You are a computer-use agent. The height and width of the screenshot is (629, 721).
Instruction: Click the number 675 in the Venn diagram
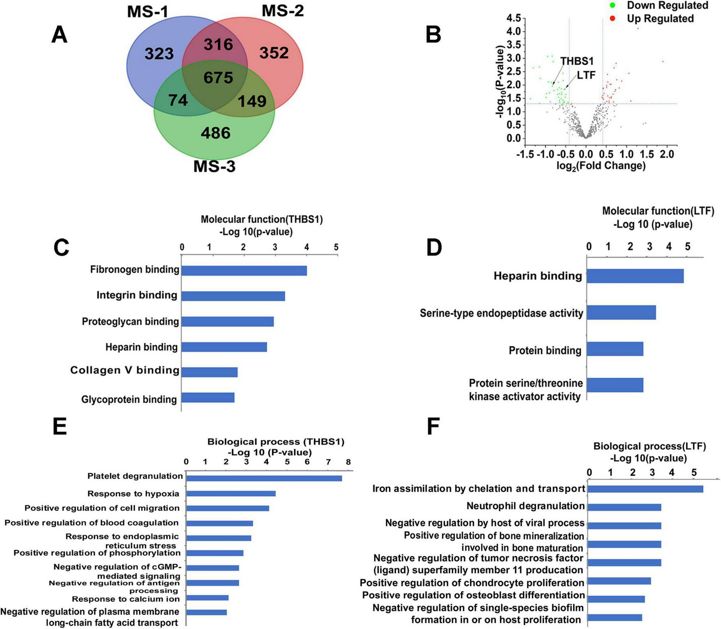[x=218, y=77]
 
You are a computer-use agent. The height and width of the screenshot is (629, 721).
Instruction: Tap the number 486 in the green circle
[x=216, y=133]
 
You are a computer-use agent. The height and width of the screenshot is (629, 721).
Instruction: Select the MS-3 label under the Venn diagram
[x=214, y=167]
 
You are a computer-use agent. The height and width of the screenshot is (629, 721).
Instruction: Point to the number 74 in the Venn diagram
[x=178, y=100]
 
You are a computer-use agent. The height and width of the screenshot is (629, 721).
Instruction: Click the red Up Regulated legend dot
[x=612, y=18]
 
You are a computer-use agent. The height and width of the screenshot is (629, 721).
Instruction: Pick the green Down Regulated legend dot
[x=612, y=5]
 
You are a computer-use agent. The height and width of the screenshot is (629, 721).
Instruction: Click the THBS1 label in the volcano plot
[x=577, y=61]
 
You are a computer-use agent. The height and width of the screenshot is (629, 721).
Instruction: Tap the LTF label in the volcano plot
[x=586, y=75]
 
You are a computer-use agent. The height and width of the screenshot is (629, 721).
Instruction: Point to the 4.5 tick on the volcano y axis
[x=513, y=18]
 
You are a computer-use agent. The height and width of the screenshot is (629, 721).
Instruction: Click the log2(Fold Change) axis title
[x=601, y=166]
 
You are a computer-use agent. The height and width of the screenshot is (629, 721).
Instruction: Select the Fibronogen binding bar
[x=244, y=270]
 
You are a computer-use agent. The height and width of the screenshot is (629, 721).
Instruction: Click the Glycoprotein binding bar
[x=208, y=398]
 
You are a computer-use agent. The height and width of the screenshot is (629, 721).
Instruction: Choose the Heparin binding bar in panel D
[x=635, y=276]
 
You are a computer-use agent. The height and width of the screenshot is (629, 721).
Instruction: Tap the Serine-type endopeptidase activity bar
[x=621, y=312]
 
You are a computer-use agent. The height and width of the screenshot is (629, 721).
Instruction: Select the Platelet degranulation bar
[x=264, y=478]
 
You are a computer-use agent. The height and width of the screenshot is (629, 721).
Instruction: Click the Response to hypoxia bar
[x=231, y=493]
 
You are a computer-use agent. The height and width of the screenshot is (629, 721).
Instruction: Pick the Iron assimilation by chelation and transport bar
[x=645, y=489]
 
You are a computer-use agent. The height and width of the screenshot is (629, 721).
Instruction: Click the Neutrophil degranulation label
[x=525, y=506]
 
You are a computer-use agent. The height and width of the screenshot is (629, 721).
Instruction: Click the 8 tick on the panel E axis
[x=348, y=462]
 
